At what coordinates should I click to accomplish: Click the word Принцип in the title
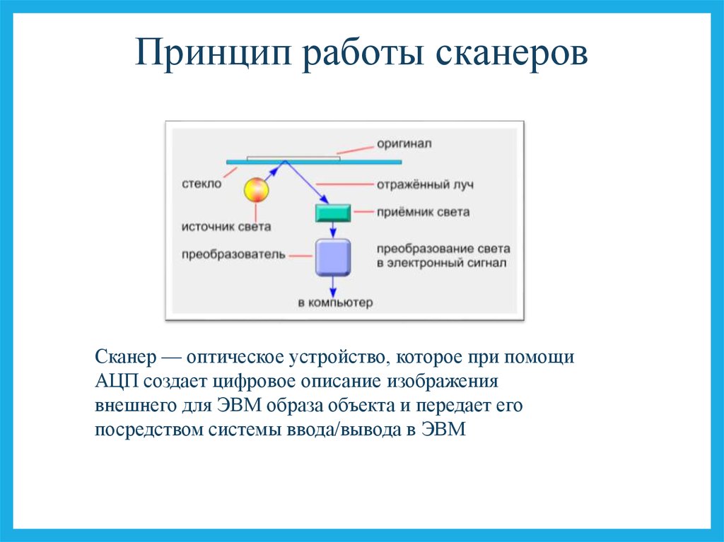pyautogui.click(x=214, y=52)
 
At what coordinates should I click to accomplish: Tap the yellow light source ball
pyautogui.click(x=256, y=190)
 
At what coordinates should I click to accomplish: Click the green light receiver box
pyautogui.click(x=333, y=213)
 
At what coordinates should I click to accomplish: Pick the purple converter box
pyautogui.click(x=333, y=257)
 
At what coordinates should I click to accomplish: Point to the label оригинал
pyautogui.click(x=404, y=143)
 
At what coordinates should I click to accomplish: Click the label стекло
pyautogui.click(x=202, y=184)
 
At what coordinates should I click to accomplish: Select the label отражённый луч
pyautogui.click(x=425, y=184)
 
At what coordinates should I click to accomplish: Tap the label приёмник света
pyautogui.click(x=423, y=212)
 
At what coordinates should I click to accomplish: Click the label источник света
pyautogui.click(x=226, y=227)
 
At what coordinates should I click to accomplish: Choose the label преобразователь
pyautogui.click(x=233, y=254)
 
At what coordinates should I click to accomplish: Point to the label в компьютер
pyautogui.click(x=335, y=303)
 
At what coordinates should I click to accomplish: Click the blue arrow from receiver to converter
pyautogui.click(x=333, y=230)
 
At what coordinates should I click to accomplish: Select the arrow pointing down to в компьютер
pyautogui.click(x=333, y=287)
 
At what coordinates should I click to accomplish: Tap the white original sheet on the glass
pyautogui.click(x=293, y=158)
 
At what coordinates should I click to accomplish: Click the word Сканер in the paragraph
pyautogui.click(x=126, y=357)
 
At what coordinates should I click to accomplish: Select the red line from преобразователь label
pyautogui.click(x=301, y=255)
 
